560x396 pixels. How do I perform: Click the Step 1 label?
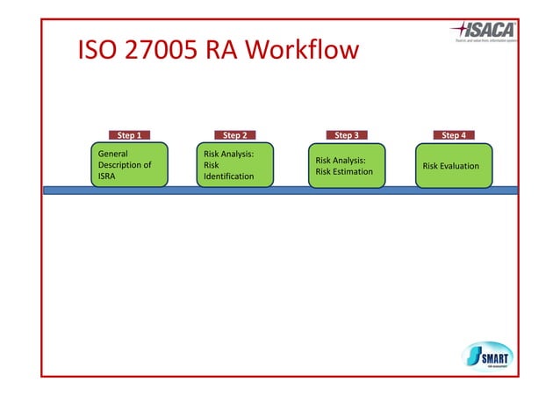[x=127, y=135]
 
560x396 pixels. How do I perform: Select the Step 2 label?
[x=234, y=135]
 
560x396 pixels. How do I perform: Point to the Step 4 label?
[x=454, y=135]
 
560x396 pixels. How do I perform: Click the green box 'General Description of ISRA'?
[x=131, y=164]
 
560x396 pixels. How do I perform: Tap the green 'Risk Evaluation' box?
[x=455, y=165]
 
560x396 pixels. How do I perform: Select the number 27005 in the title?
[x=163, y=50]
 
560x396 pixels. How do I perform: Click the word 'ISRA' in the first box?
[x=108, y=176]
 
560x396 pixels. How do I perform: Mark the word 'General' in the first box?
[x=114, y=153]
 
